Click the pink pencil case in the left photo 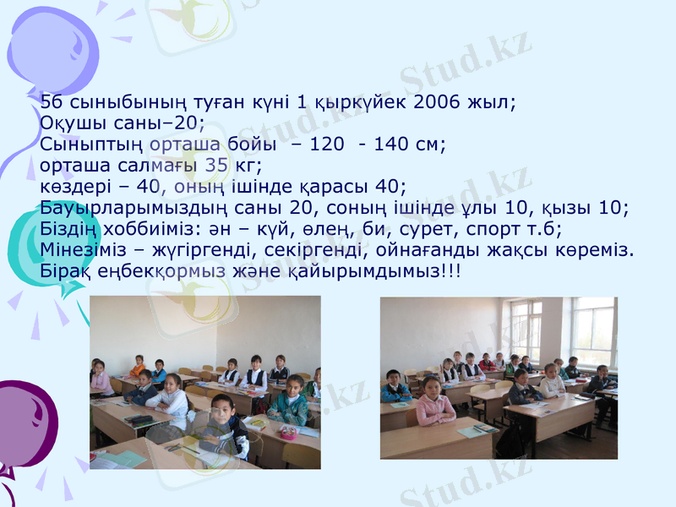(288, 432)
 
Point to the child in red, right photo (486, 363)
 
